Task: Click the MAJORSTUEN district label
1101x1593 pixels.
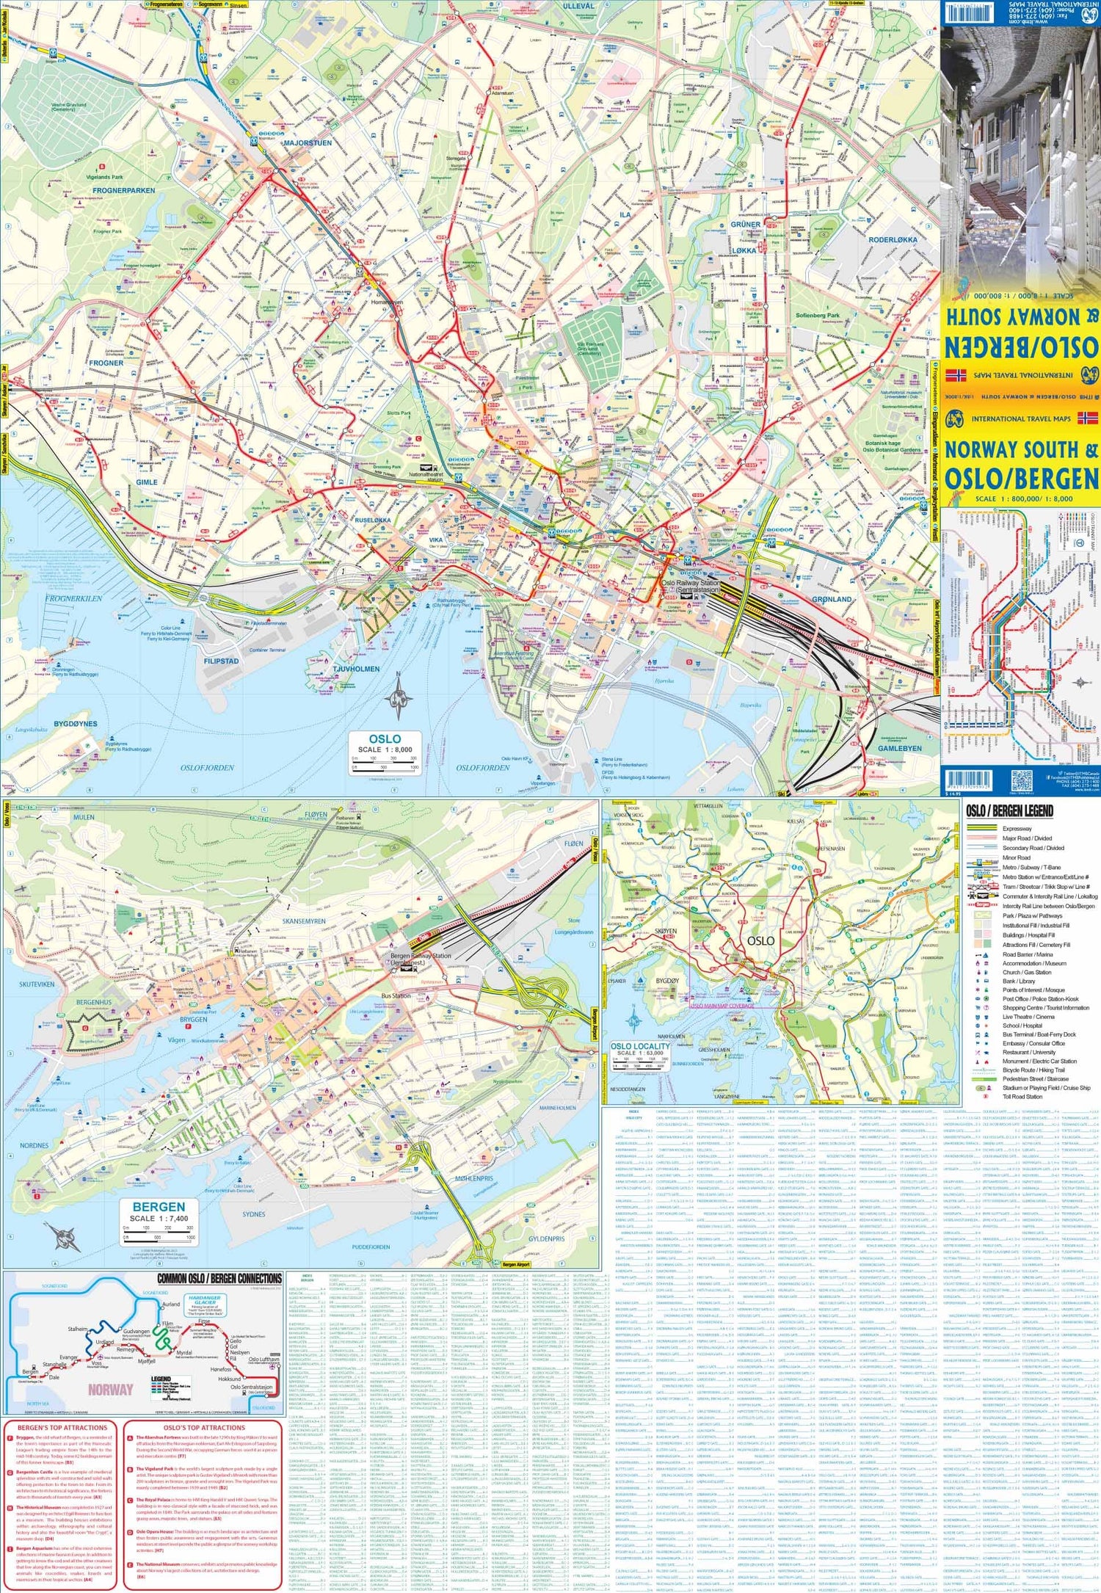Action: coord(308,142)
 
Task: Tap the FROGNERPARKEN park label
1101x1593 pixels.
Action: coord(124,190)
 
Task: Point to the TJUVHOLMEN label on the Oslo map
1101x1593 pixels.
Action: coord(356,669)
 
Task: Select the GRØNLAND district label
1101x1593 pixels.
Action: coord(832,599)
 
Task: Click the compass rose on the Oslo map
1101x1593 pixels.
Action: coord(398,696)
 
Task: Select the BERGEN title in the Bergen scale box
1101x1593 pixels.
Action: coord(159,1207)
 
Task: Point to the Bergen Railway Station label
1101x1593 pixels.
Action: coord(421,957)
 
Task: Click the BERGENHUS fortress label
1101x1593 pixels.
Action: coord(94,1002)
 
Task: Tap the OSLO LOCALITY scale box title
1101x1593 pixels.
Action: coord(640,1046)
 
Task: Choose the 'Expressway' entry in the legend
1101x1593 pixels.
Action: coord(1017,829)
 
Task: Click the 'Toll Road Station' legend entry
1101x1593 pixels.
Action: coord(1022,1097)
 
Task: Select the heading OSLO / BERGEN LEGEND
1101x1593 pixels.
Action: coord(1009,811)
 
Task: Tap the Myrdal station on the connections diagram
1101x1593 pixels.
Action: coord(183,1352)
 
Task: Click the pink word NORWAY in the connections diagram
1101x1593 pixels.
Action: coord(110,1389)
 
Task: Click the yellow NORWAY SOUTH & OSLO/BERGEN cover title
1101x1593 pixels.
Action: coord(1021,464)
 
